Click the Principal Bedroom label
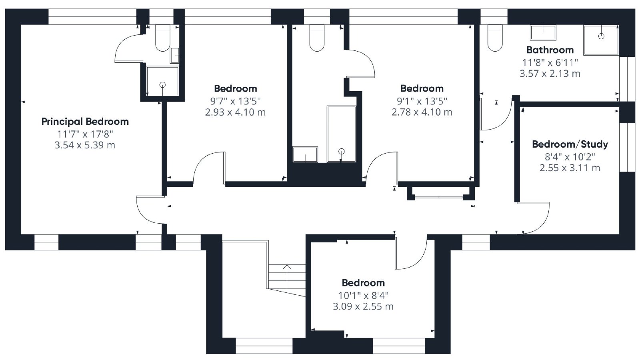(85, 122)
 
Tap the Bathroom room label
(550, 50)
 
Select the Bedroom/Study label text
(570, 144)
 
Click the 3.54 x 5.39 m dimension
(85, 145)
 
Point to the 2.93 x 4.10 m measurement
(236, 112)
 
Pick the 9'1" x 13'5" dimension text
(422, 101)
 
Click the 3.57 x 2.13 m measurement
(550, 74)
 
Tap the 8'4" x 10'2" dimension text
(570, 156)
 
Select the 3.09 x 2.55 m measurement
(363, 306)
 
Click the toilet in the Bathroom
(495, 38)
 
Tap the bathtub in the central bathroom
(342, 134)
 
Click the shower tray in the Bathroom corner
(601, 40)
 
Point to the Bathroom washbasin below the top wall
(543, 32)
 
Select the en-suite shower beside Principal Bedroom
(162, 81)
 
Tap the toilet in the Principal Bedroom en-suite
(162, 38)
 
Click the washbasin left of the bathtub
(305, 154)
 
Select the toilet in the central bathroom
(317, 38)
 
